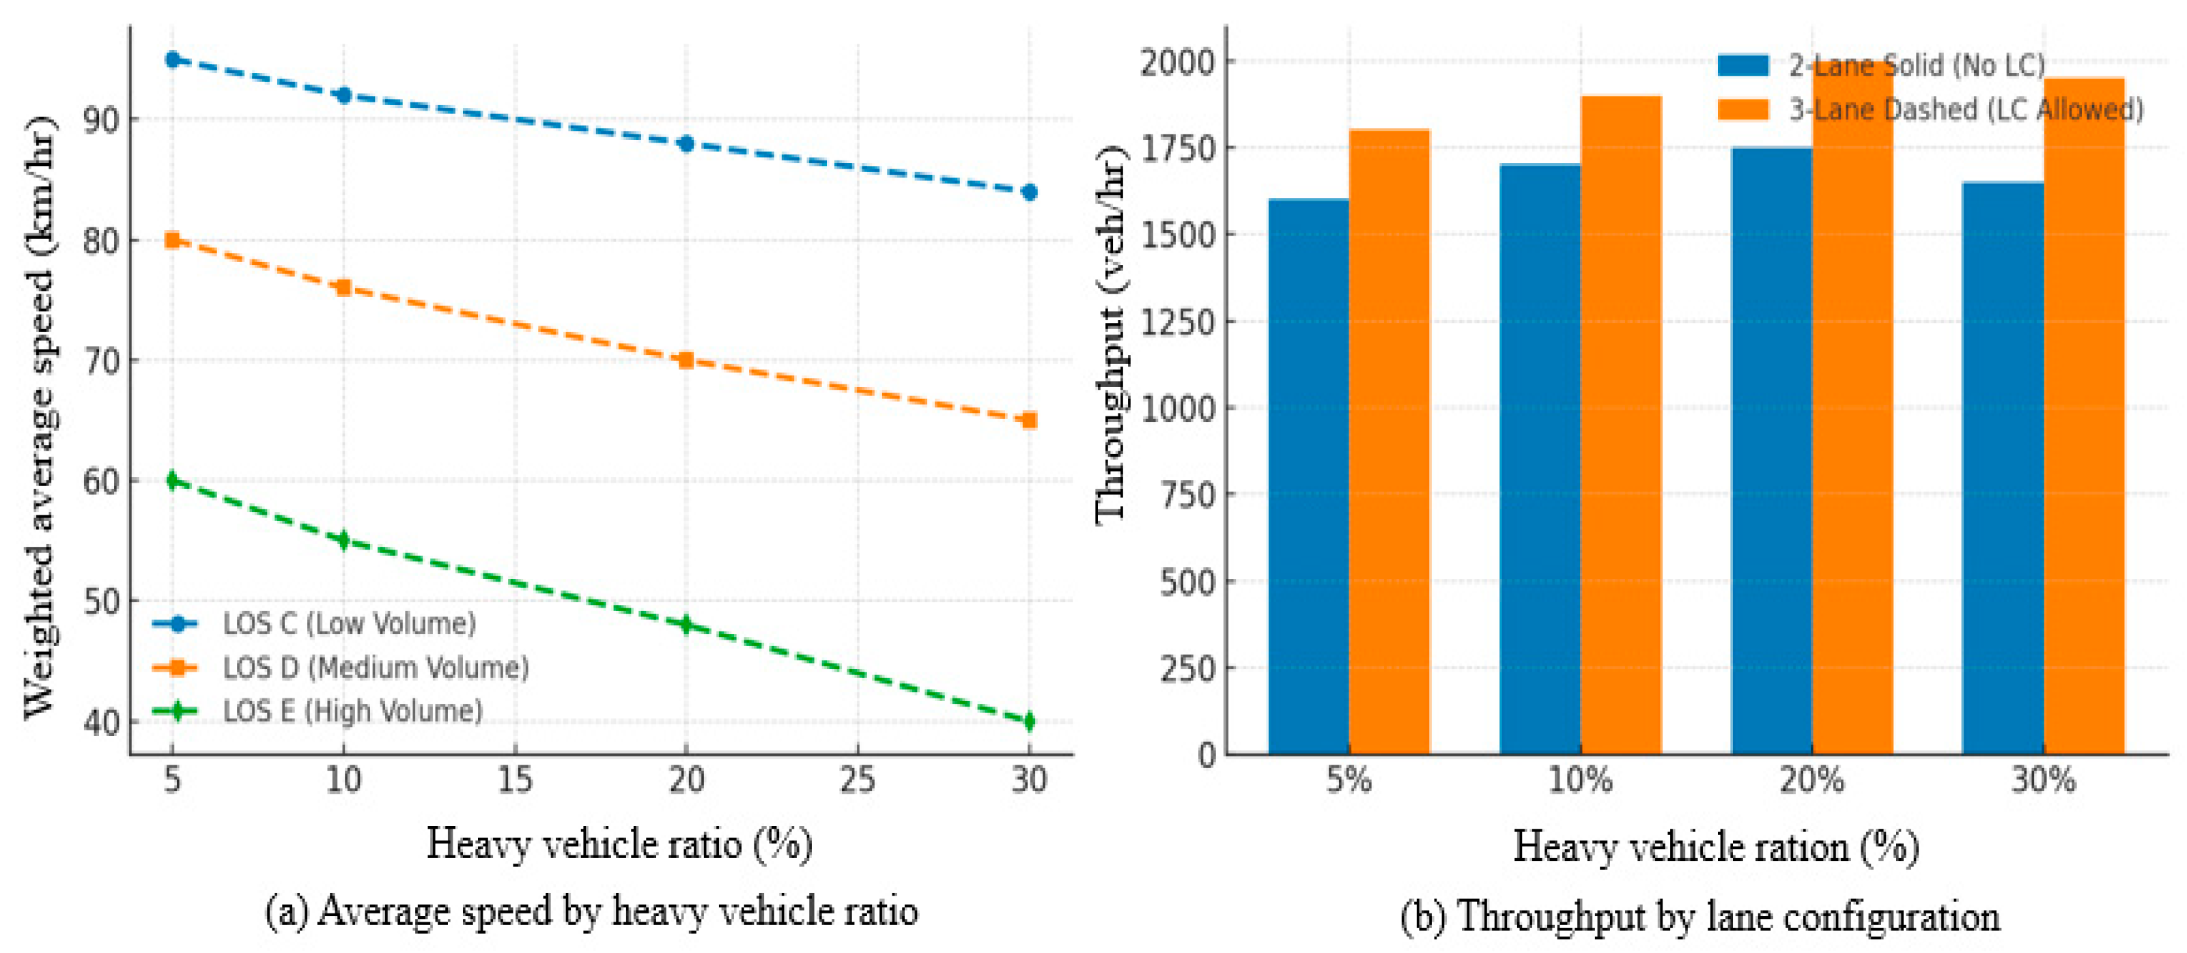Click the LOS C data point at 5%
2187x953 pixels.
point(172,59)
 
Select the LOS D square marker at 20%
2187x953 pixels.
point(686,360)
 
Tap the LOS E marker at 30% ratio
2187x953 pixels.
point(1029,722)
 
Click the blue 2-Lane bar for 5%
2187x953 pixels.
point(1308,475)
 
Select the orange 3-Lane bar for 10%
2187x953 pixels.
point(1621,425)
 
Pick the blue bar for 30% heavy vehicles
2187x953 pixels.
point(2003,467)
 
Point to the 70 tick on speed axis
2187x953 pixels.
point(101,360)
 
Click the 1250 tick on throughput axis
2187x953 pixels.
point(1179,322)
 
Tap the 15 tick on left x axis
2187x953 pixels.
point(515,779)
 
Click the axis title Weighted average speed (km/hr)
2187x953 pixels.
point(39,416)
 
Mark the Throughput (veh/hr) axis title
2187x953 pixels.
point(1110,335)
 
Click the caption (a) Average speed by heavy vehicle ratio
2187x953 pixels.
point(592,912)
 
